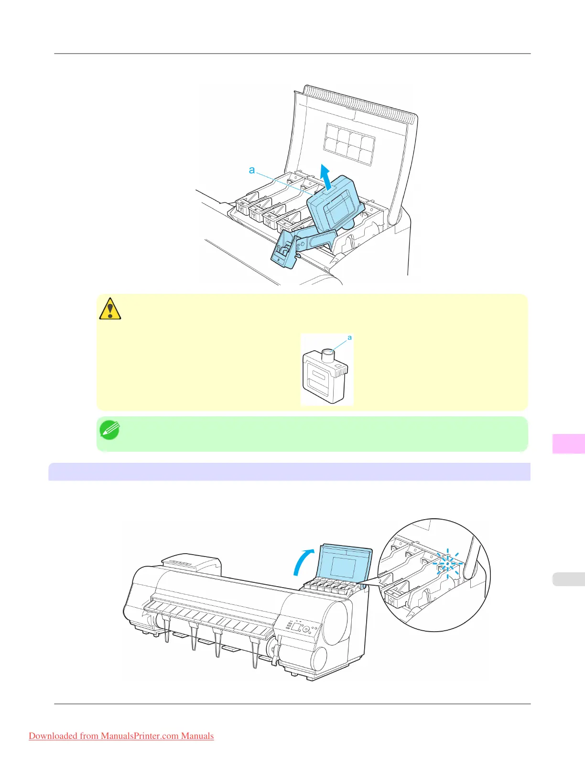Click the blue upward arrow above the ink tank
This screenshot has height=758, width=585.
[325, 176]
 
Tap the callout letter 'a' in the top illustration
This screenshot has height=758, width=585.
[252, 170]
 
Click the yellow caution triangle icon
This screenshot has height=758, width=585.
[110, 309]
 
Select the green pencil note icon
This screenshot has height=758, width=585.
[109, 431]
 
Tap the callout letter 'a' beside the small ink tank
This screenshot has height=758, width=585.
[349, 338]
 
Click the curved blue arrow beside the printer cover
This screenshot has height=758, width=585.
[303, 562]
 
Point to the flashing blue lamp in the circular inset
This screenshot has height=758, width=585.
[447, 563]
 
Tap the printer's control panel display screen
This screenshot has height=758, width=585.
[297, 627]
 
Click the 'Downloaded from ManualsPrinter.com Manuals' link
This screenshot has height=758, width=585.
[121, 736]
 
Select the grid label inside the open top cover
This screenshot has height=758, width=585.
[349, 144]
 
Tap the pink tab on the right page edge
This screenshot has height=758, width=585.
[568, 443]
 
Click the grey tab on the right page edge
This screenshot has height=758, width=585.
[568, 579]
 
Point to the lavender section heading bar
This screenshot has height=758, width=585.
[289, 471]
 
